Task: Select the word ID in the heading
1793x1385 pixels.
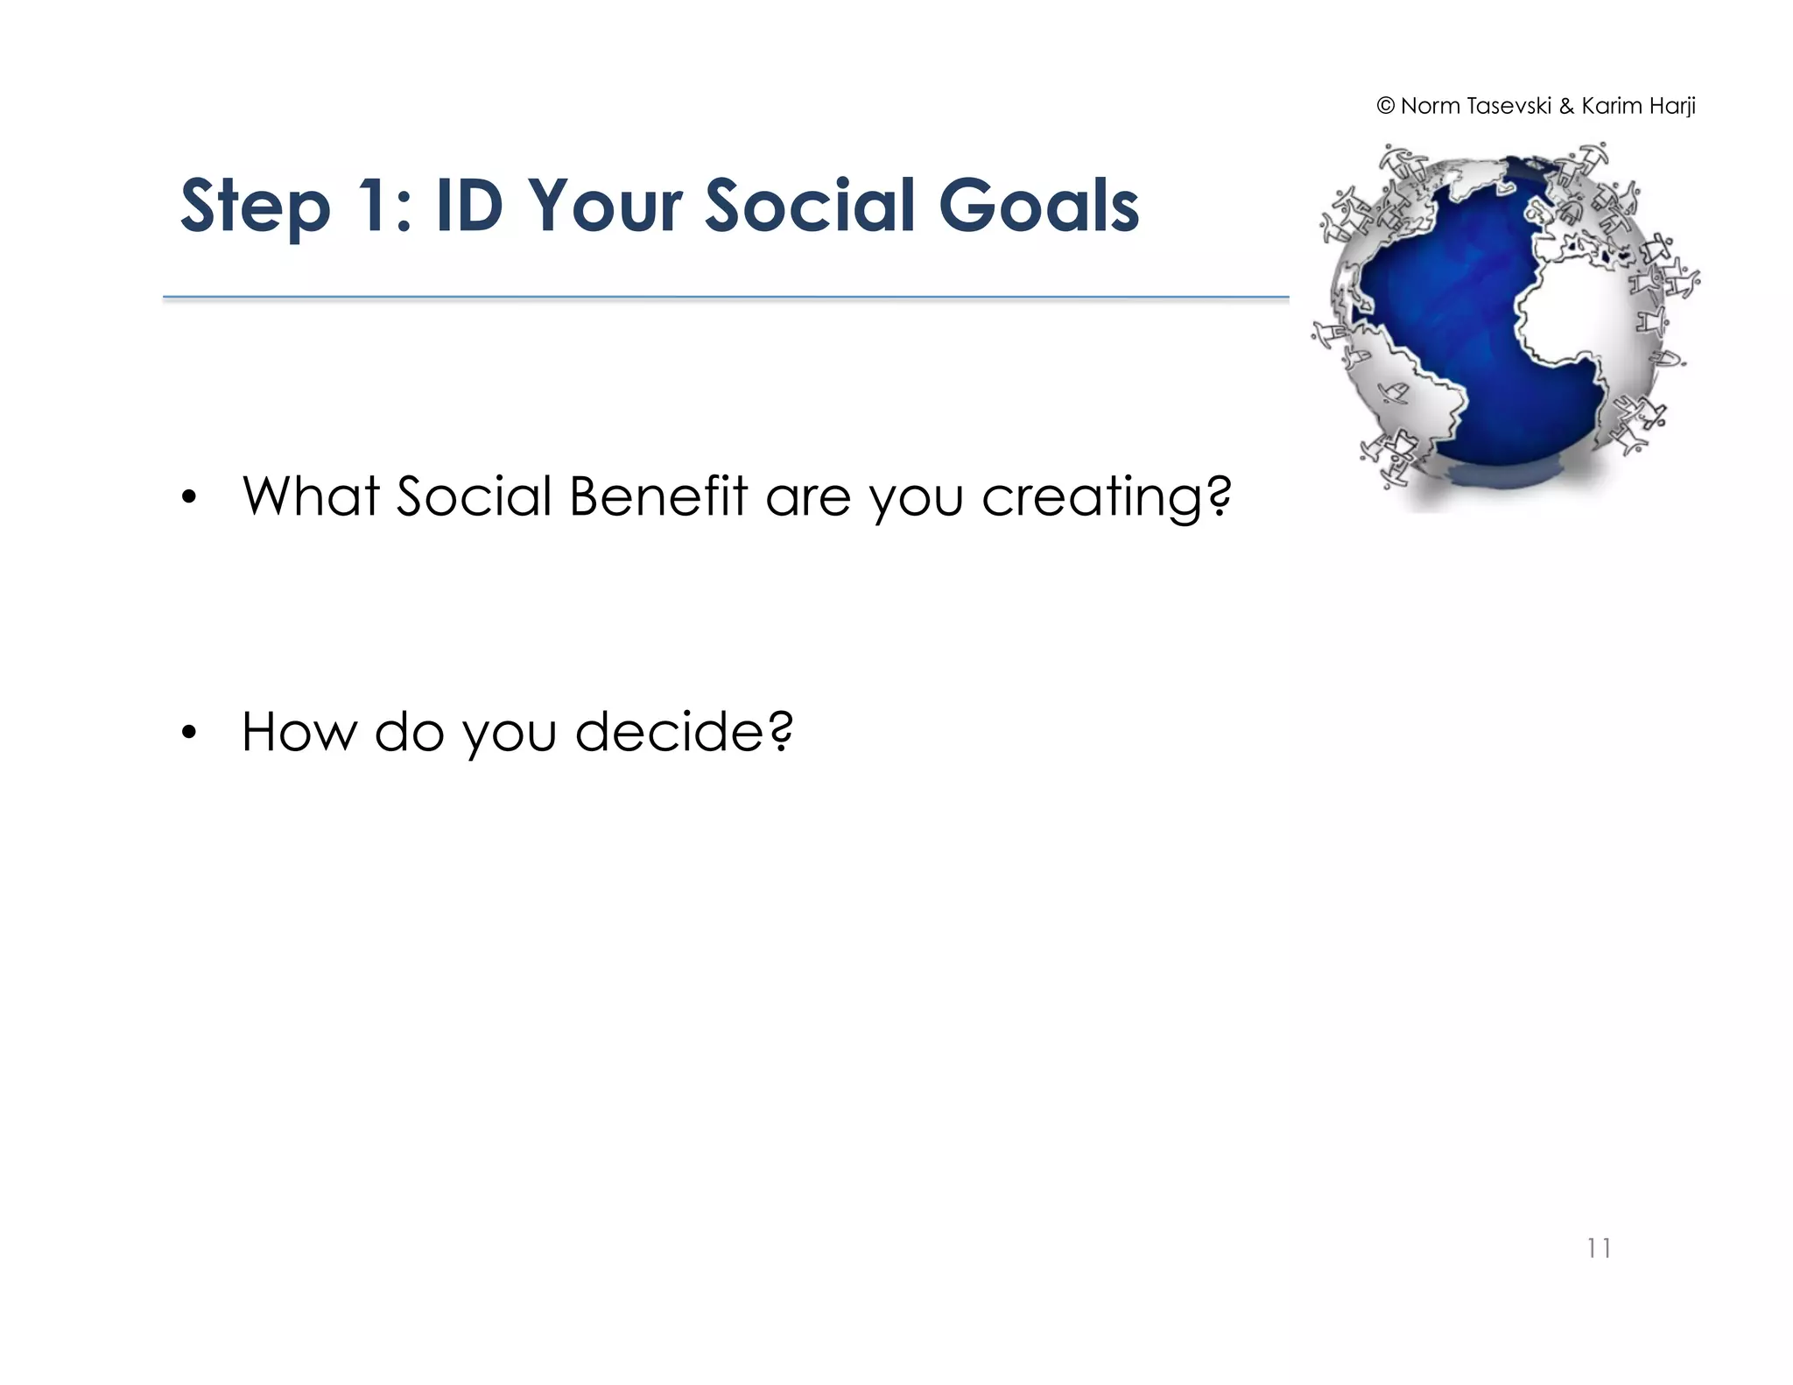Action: [x=469, y=207]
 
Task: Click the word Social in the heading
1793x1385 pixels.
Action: [x=810, y=207]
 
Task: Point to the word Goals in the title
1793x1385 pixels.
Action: [x=1038, y=207]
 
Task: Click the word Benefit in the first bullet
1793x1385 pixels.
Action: [x=658, y=496]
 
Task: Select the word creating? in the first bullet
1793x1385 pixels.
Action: [x=1106, y=496]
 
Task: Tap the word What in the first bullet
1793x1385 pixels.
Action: [x=312, y=496]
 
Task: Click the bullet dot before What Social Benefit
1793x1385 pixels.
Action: [x=189, y=498]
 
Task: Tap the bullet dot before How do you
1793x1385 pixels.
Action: [x=189, y=734]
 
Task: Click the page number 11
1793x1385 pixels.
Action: [x=1599, y=1248]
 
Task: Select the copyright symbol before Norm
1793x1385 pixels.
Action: [x=1385, y=107]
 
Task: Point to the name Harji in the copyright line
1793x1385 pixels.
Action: [x=1672, y=107]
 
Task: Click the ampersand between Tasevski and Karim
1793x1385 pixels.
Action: [x=1566, y=107]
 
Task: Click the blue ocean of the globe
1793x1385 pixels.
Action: [x=1453, y=298]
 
